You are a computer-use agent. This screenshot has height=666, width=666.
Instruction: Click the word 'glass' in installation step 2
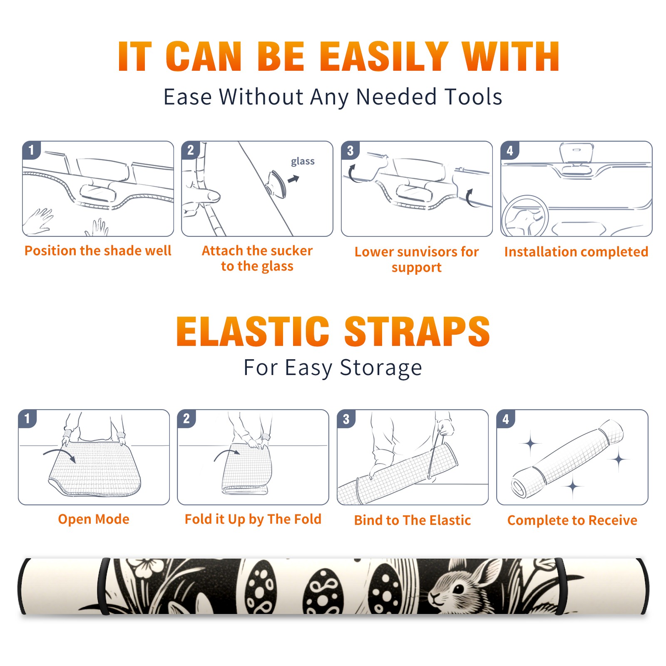click(x=303, y=162)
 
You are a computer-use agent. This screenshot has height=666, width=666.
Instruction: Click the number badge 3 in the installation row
click(x=350, y=150)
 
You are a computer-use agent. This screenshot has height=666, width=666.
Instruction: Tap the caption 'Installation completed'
click(x=576, y=252)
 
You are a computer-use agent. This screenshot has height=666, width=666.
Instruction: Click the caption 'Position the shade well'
click(x=98, y=251)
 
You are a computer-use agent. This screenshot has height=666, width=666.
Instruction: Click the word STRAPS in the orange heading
click(x=417, y=331)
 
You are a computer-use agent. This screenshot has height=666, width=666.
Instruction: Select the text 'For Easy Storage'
click(x=333, y=368)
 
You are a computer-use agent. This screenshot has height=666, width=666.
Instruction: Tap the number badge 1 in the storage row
click(x=27, y=419)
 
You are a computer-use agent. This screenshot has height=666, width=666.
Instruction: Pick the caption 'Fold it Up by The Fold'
click(x=253, y=519)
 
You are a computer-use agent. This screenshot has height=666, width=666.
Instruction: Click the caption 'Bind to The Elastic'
click(x=413, y=520)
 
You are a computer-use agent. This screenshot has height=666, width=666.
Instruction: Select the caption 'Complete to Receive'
click(x=572, y=520)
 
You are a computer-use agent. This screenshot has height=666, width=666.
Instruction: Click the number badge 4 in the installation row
click(x=510, y=150)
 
